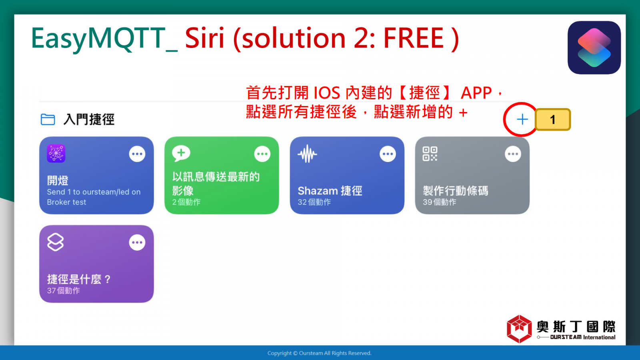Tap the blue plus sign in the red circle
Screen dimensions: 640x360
522,120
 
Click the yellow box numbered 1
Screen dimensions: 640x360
552,120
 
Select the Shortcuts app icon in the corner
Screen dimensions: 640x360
594,48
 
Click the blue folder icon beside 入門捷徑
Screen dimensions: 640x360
48,120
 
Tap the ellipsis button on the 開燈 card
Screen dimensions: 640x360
137,154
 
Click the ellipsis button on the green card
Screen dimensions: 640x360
262,154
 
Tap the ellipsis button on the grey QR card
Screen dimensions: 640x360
513,154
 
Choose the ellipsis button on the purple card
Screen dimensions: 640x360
137,242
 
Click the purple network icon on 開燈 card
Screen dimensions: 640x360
56,154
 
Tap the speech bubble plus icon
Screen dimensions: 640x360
181,154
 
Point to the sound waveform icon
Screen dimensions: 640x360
307,154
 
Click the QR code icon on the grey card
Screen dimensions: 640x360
430,154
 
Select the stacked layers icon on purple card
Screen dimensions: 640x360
56,242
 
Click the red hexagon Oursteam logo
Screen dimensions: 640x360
519,329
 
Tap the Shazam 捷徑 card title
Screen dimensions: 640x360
330,191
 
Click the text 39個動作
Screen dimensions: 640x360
440,202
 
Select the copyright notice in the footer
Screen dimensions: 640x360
320,353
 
